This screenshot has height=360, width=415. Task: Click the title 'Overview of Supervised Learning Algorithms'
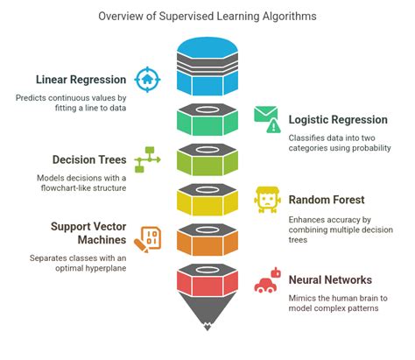coord(207,16)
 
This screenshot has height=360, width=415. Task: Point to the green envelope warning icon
coord(266,117)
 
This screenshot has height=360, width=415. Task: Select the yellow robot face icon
coord(266,200)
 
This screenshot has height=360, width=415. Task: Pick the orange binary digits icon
coord(148,238)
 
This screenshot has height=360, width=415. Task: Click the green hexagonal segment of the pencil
coord(207,121)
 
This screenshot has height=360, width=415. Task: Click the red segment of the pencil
coord(207,283)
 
